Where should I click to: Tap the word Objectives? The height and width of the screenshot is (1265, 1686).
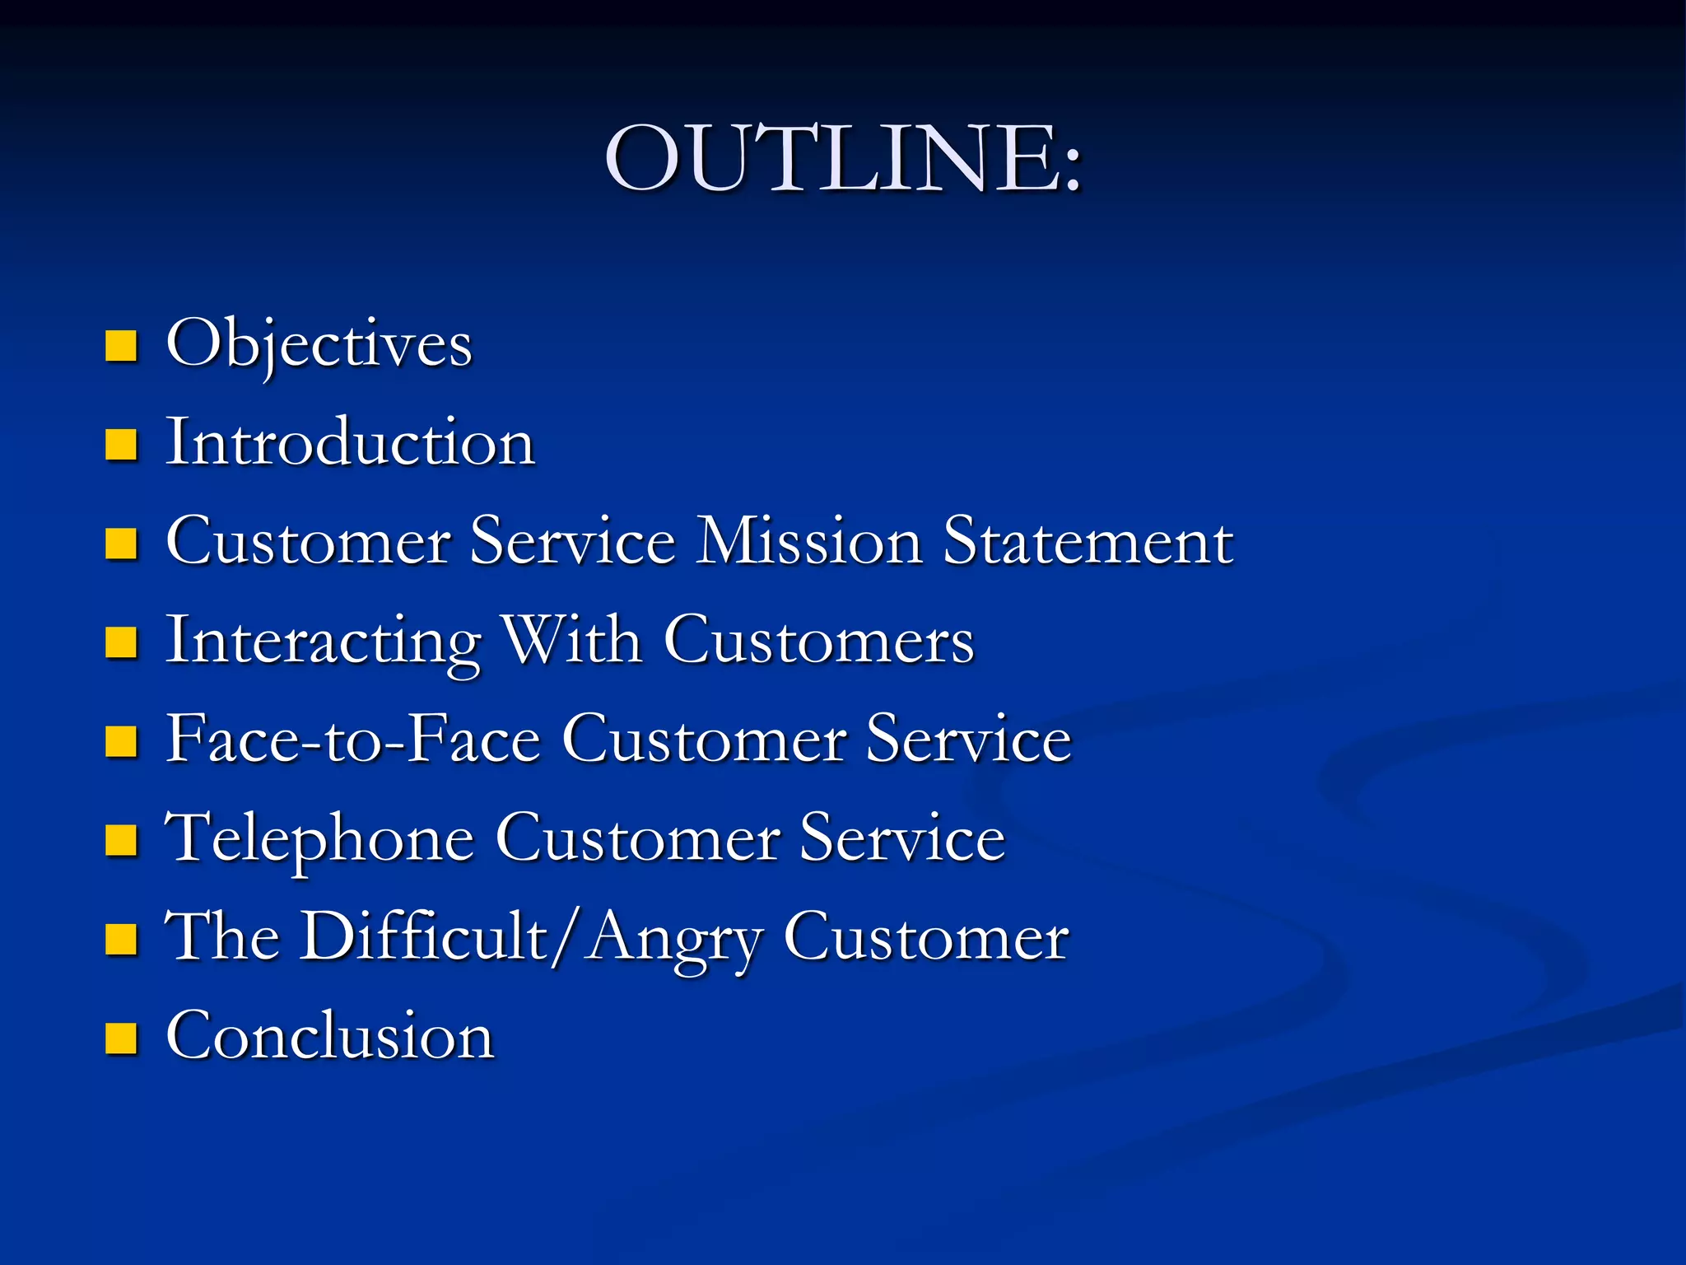click(x=319, y=344)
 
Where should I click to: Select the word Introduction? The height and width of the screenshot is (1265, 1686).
click(x=351, y=443)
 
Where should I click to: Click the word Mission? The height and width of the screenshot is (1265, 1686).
click(x=809, y=542)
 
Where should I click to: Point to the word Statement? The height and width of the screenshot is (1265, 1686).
click(x=1088, y=542)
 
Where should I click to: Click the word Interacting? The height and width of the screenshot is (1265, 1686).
click(x=324, y=641)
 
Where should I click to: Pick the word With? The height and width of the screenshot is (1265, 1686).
click(x=572, y=641)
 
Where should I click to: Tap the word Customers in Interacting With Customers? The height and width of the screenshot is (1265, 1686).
click(x=819, y=641)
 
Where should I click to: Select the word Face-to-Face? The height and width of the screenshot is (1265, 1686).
click(x=353, y=740)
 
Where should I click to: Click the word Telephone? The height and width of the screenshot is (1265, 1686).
click(x=320, y=838)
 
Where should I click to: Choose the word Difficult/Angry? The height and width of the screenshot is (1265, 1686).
click(x=531, y=937)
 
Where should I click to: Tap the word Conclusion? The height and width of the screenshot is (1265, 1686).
click(x=330, y=1036)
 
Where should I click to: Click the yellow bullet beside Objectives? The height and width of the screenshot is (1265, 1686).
click(x=121, y=347)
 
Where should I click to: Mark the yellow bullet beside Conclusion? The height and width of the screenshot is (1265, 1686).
click(x=121, y=1039)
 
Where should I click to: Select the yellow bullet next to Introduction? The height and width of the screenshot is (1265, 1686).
click(x=121, y=446)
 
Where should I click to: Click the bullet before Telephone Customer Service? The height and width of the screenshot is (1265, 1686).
click(x=121, y=841)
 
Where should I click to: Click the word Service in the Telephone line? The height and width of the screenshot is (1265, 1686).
click(x=902, y=838)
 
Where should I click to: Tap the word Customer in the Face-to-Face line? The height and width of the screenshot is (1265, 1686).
click(x=705, y=740)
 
